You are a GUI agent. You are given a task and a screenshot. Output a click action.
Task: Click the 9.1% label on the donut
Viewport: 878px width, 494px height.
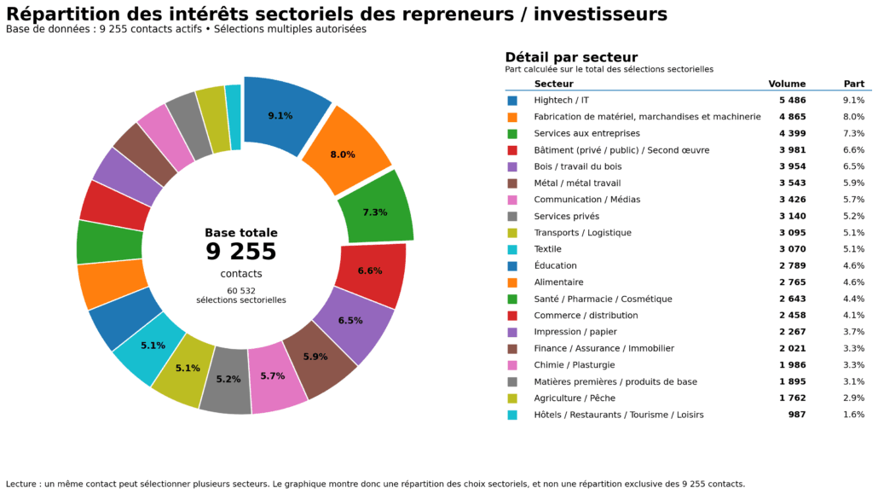pos(280,116)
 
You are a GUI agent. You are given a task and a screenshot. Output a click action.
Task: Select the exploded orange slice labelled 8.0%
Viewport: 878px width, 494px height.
pos(343,154)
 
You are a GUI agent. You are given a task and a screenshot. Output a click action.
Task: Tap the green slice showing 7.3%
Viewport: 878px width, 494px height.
pos(375,212)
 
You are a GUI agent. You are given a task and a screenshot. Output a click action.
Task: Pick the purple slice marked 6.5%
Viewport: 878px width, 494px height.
pos(350,321)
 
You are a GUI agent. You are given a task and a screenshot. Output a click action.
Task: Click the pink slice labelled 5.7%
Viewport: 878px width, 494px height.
pos(273,376)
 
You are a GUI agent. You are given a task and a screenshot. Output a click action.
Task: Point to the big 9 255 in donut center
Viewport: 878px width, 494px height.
pos(241,252)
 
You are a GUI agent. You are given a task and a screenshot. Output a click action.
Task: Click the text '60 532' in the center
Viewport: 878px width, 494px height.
pos(241,291)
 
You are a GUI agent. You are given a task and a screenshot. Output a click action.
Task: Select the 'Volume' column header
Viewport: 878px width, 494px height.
pos(787,84)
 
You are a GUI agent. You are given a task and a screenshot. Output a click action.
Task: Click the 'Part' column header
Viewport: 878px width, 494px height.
pos(853,84)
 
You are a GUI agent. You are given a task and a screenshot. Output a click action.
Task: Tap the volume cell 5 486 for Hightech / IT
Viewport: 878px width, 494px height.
pos(792,101)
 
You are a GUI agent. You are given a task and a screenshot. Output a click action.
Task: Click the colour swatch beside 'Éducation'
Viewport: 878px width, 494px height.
pos(512,266)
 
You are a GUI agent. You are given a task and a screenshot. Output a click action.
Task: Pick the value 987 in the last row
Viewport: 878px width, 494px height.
pos(797,415)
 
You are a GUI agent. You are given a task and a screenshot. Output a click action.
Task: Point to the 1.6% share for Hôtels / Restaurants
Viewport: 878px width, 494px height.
pos(853,415)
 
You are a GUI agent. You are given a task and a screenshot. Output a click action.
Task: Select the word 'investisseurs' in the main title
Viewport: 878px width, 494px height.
pos(606,15)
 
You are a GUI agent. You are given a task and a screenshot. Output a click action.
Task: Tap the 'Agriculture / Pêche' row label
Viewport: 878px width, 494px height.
pos(574,398)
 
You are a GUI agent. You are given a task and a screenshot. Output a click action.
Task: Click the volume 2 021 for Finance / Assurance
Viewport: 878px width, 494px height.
pos(792,349)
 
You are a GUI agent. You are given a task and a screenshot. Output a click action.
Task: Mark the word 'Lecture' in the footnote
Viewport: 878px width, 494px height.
pos(22,484)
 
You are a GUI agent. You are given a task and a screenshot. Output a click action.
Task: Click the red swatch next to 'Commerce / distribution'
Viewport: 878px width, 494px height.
pos(512,316)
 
